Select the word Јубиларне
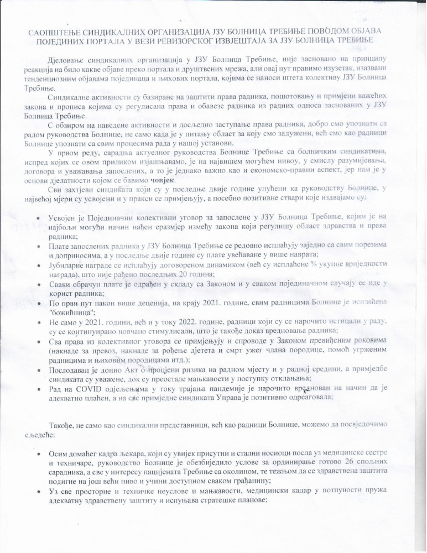[x=68, y=265]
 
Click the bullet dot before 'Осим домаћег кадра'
[x=37, y=452]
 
